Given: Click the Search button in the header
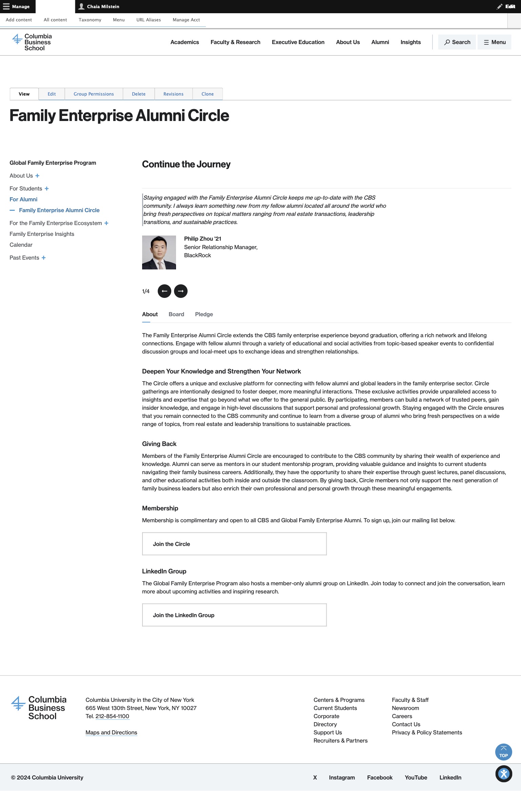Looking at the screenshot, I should (457, 42).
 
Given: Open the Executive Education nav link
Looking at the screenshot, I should (298, 42).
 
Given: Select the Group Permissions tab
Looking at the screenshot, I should (94, 94).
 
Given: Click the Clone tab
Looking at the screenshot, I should (207, 94).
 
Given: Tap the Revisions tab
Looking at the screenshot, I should (173, 94).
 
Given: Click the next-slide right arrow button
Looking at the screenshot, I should (180, 291).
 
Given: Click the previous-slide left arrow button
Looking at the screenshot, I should (164, 291).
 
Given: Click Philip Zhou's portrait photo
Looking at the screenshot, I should (159, 252).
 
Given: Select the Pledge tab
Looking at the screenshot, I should (204, 314).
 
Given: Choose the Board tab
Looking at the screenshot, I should (176, 314).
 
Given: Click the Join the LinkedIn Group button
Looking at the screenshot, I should (234, 615).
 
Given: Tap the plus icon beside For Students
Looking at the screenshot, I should (47, 188).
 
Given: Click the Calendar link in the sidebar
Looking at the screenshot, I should (21, 245).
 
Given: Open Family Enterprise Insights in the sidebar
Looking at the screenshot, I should (42, 234).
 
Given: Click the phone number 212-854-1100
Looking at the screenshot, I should (112, 716).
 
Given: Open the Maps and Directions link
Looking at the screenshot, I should (111, 732).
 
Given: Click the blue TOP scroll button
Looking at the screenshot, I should (503, 752).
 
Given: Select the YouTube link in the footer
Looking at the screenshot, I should (416, 777).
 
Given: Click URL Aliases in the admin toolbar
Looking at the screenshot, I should (149, 20).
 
